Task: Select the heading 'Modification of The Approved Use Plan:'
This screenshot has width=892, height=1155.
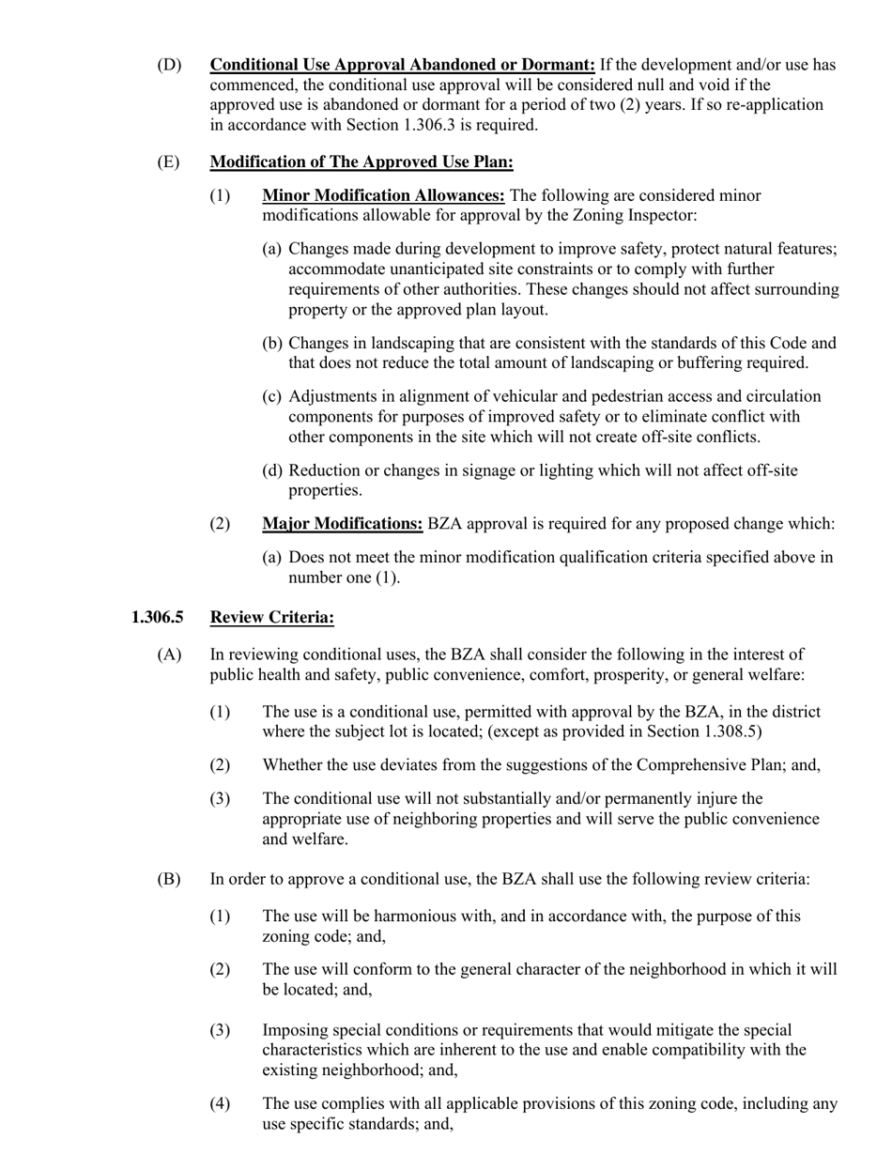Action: (361, 162)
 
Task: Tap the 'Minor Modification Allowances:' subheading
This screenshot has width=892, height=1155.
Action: (383, 195)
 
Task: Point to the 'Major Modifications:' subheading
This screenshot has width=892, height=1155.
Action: (343, 524)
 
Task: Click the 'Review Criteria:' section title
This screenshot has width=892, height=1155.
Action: (272, 617)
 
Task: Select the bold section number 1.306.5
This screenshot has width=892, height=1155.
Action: (158, 617)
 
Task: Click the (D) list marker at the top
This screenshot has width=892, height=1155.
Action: (169, 65)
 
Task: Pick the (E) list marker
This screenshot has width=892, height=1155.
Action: (168, 162)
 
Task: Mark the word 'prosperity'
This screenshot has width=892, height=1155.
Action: (648, 674)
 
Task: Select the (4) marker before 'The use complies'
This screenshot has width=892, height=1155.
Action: (220, 1103)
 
